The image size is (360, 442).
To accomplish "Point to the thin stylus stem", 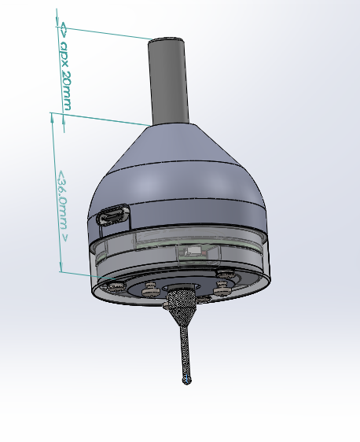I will point(185,346).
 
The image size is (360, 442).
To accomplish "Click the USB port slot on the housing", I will point(113,215).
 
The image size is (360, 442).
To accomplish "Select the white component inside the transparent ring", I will point(193,252).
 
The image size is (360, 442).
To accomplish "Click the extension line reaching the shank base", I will point(102,118).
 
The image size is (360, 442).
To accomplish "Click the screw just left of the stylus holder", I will point(152,292).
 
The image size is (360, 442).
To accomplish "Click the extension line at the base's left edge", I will point(79,275).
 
